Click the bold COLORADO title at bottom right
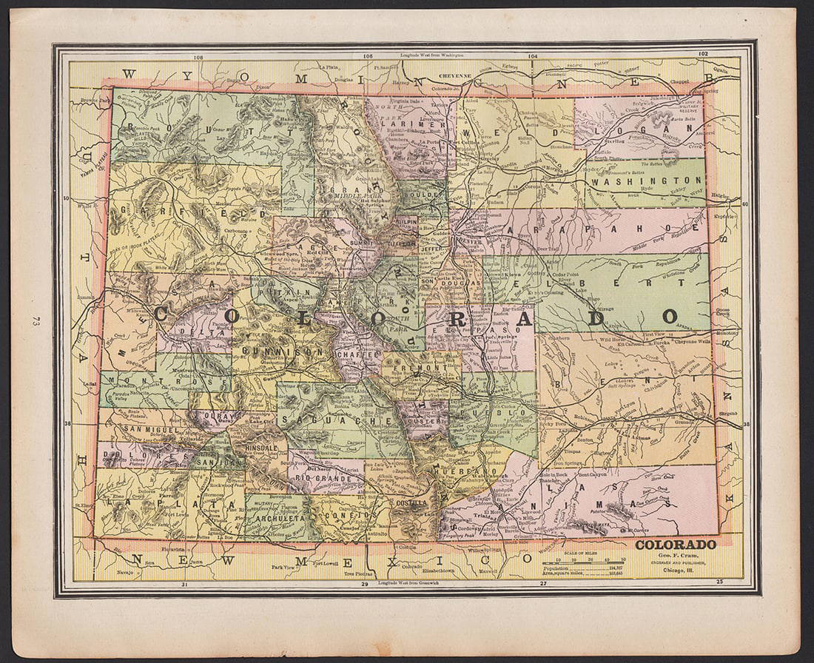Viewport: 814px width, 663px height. click(x=676, y=545)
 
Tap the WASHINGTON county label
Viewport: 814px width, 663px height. click(x=647, y=181)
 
